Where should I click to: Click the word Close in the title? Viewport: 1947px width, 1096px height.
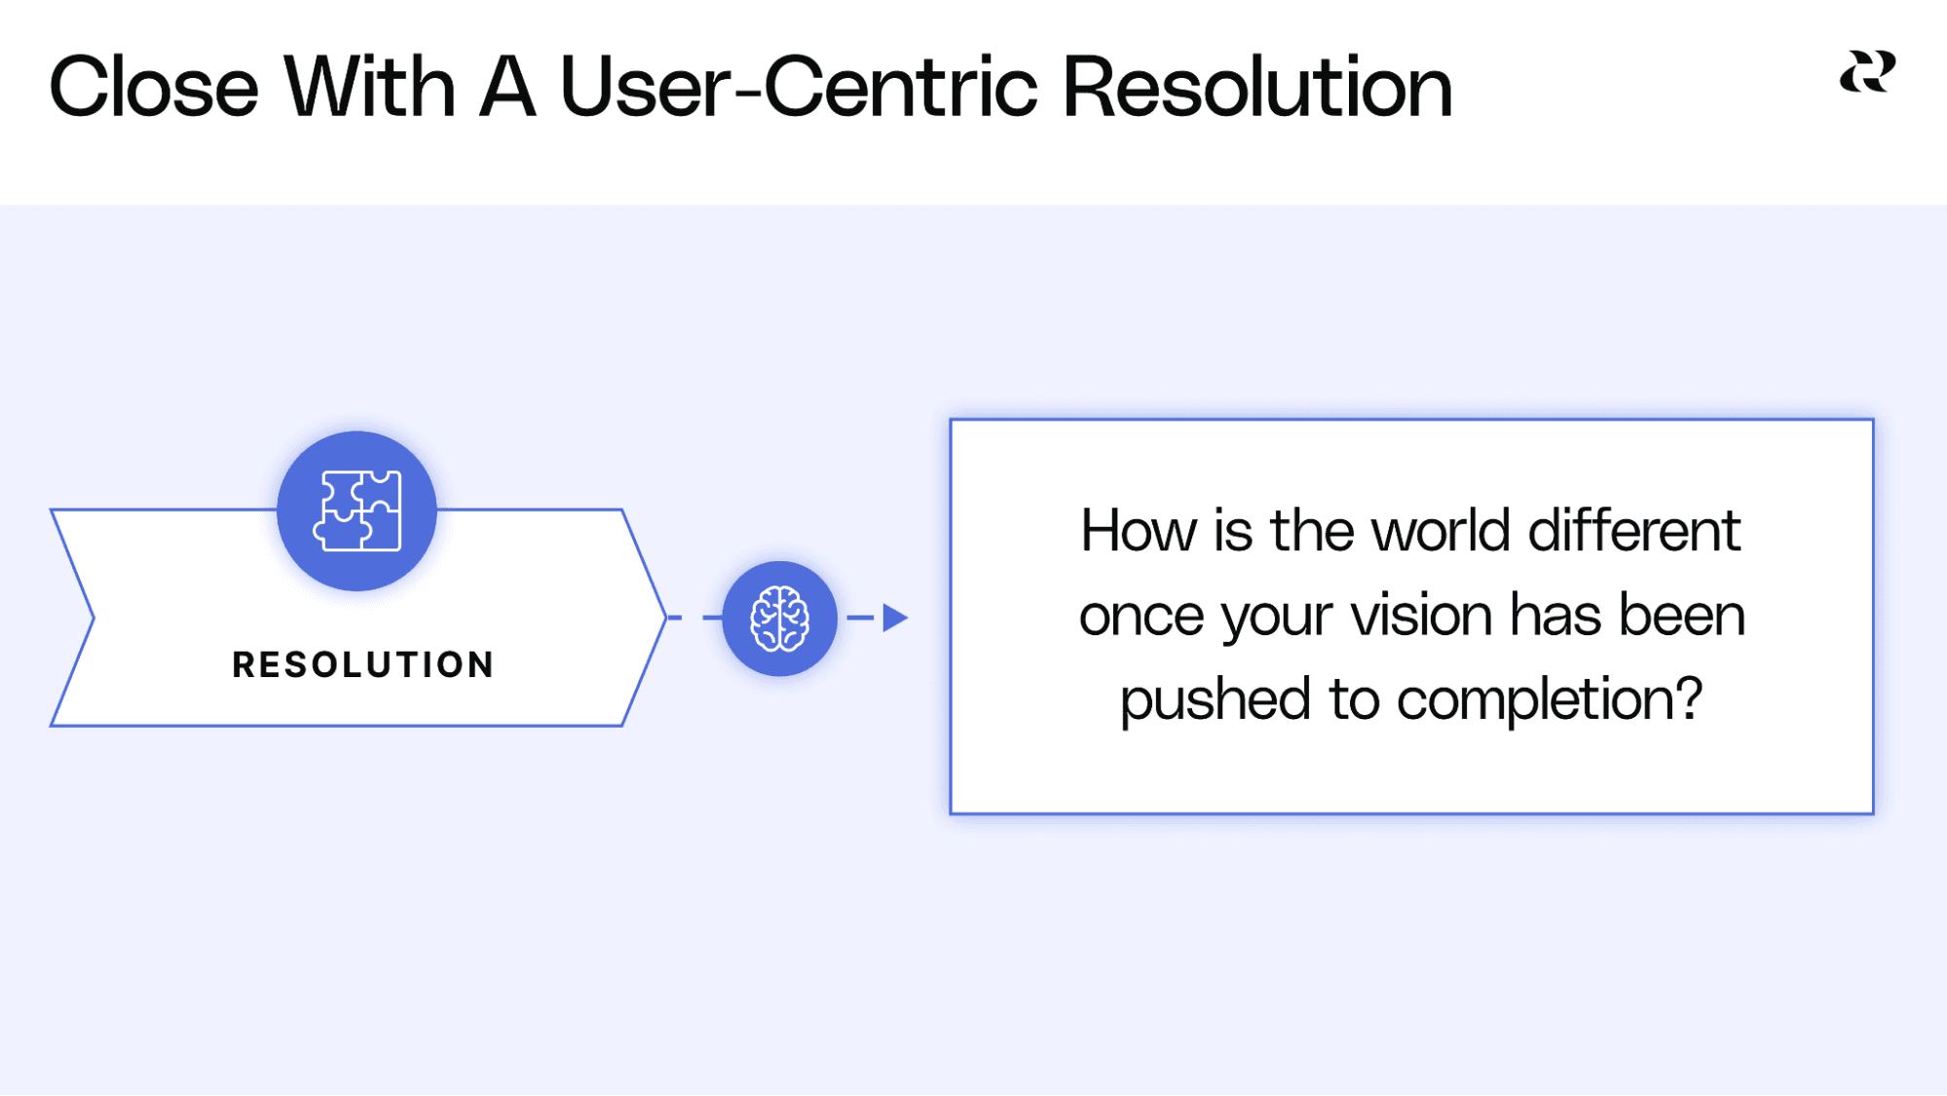pos(153,88)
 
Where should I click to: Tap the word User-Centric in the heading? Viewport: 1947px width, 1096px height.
pos(799,88)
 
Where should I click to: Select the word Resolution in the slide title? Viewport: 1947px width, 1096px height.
pos(1256,88)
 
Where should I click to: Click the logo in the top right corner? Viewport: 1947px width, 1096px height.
pos(1867,72)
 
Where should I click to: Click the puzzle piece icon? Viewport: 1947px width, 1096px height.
pos(356,510)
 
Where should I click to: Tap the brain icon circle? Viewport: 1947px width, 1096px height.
pos(779,619)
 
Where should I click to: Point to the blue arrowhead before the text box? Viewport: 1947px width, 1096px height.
pos(894,618)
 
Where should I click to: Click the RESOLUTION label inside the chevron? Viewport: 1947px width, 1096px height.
pos(363,664)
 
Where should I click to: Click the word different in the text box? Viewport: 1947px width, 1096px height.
pos(1633,531)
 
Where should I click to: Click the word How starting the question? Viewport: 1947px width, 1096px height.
pos(1138,531)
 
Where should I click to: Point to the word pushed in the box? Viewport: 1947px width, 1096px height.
pos(1215,699)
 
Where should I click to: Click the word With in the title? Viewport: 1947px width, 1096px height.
pos(369,88)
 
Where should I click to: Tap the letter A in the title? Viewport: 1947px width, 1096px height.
pos(507,88)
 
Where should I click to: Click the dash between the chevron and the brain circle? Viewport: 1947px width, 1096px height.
pos(711,618)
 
